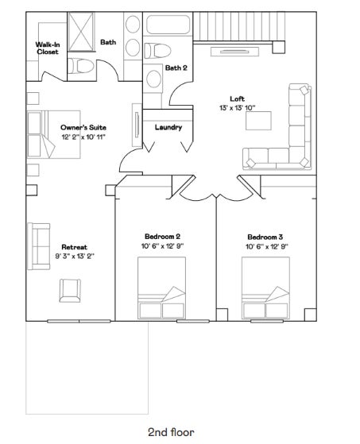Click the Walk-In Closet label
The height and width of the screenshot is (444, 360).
48,48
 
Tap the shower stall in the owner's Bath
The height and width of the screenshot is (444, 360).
81,32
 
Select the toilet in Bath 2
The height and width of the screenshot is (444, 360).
157,51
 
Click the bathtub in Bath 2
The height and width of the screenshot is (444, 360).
168,24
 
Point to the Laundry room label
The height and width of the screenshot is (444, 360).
168,127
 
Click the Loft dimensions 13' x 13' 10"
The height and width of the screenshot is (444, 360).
237,108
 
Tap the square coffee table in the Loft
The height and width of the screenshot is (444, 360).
258,121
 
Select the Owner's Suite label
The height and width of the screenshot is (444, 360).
83,127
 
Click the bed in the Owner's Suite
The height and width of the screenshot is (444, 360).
53,134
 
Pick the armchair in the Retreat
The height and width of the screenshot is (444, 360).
70,291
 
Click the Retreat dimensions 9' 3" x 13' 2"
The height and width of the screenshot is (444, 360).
75,257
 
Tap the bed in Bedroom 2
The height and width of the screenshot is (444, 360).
162,288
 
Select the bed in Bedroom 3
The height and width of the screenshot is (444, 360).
265,288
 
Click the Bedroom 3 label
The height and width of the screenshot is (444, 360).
265,237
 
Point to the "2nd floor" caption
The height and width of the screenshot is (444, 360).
171,432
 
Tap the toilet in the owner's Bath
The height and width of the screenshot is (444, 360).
81,66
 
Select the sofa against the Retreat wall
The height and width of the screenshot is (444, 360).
38,246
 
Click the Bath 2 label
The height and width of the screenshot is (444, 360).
176,68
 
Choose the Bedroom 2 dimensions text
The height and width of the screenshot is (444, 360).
163,246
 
